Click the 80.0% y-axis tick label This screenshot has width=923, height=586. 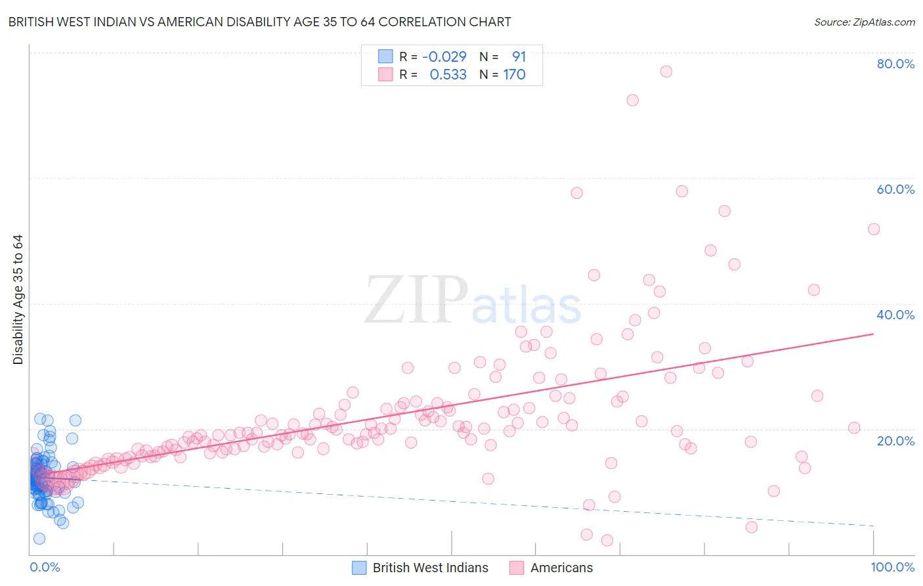pyautogui.click(x=895, y=64)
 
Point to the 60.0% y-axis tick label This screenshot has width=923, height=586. pyautogui.click(x=895, y=189)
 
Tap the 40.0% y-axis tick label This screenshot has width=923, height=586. pyautogui.click(x=895, y=315)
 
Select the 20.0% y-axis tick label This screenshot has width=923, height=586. pyautogui.click(x=895, y=441)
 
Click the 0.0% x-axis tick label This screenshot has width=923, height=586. pyautogui.click(x=45, y=568)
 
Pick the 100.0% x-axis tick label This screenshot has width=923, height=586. pyautogui.click(x=892, y=568)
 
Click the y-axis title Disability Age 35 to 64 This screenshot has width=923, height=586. pyautogui.click(x=18, y=300)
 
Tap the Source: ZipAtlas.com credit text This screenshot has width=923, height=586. pyautogui.click(x=864, y=22)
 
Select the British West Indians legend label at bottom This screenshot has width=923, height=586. pyautogui.click(x=430, y=568)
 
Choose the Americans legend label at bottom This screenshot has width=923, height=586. pyautogui.click(x=561, y=568)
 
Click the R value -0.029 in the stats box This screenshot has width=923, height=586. pyautogui.click(x=444, y=57)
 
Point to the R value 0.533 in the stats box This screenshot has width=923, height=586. pyautogui.click(x=448, y=75)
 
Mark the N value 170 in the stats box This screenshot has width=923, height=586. pyautogui.click(x=514, y=75)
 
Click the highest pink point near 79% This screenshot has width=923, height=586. pyautogui.click(x=666, y=72)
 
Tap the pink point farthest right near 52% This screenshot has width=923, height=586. pyautogui.click(x=874, y=229)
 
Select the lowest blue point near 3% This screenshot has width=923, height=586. pyautogui.click(x=39, y=539)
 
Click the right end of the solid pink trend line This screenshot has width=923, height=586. pyautogui.click(x=874, y=334)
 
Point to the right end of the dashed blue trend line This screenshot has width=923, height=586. pyautogui.click(x=874, y=526)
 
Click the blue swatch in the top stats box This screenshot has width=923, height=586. pyautogui.click(x=385, y=57)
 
